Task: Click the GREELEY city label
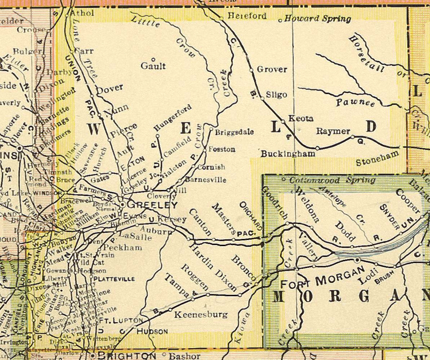[x=153, y=205]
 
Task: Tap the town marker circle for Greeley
[x=123, y=204]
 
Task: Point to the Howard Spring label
[x=318, y=19]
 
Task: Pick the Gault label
[x=153, y=66]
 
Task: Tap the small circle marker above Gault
[x=153, y=59]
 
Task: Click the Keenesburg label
[x=201, y=315]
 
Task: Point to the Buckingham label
[x=288, y=154]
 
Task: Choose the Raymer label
[x=333, y=131]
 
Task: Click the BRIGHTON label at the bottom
[x=127, y=356]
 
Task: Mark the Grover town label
[x=272, y=69]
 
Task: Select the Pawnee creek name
[x=355, y=103]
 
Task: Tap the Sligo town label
[x=276, y=95]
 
